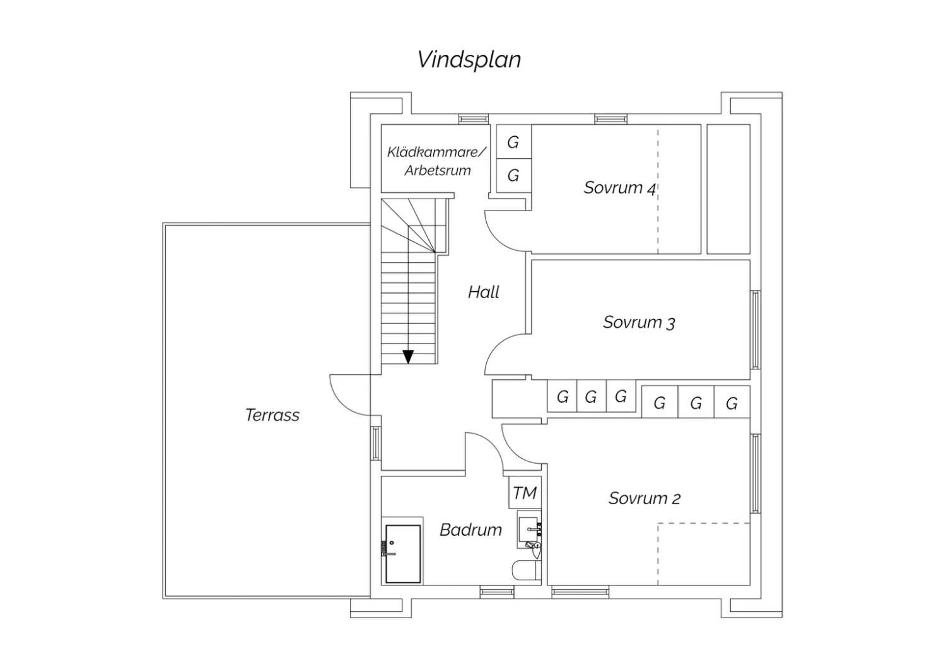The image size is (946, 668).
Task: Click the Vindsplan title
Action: coord(469,60)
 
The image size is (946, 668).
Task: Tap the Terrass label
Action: coord(272,415)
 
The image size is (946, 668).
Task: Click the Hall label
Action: coord(484,292)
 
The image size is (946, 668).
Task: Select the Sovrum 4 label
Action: coord(619,188)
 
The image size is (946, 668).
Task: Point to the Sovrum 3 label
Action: coord(639,323)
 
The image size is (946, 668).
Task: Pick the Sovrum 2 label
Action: coord(645,498)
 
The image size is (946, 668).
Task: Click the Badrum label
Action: coord(471,529)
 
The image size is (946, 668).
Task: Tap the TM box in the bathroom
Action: coord(525,492)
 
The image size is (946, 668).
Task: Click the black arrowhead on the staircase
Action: coord(408,357)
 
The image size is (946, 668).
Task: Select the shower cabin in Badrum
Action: coord(403,554)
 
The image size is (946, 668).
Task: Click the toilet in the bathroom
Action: coord(526,570)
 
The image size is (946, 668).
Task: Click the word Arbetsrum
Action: coord(438,171)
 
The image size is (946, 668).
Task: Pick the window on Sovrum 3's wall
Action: coord(755,330)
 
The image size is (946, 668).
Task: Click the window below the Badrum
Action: coord(497,592)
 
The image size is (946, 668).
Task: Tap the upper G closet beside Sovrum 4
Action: coord(513,142)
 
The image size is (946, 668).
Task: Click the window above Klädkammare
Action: coord(474,119)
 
